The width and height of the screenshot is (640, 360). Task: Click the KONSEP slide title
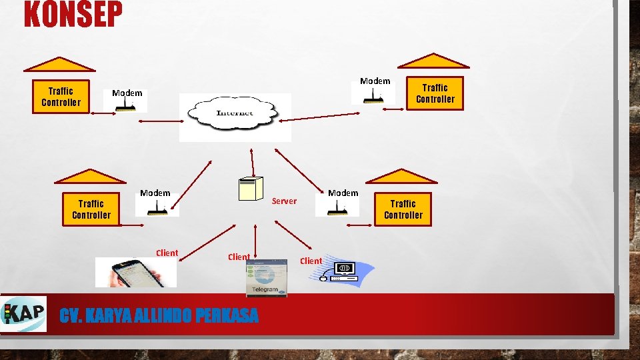tap(73, 15)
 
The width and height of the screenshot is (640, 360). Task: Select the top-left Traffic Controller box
tap(61, 97)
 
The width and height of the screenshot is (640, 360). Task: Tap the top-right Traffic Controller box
tap(435, 93)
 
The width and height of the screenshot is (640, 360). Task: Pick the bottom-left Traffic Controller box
tap(91, 209)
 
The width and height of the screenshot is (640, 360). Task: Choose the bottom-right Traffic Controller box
tap(403, 209)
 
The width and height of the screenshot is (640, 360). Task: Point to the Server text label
tap(285, 201)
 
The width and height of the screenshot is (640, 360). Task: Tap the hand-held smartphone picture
tap(135, 272)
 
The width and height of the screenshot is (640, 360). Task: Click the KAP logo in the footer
tap(25, 313)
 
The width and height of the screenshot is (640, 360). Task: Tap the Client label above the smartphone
tap(167, 253)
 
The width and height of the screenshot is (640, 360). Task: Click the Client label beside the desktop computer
tap(311, 261)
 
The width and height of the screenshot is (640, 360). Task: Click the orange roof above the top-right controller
tap(434, 62)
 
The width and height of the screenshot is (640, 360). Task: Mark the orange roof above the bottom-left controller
tap(90, 176)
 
